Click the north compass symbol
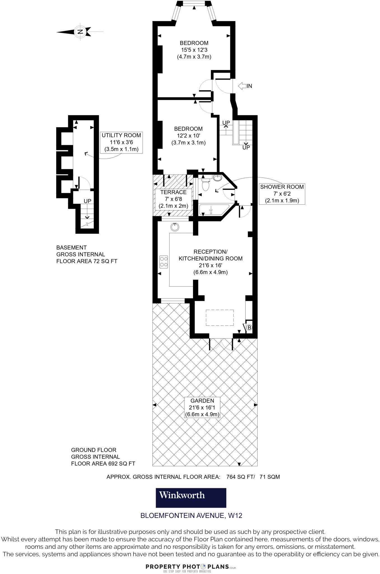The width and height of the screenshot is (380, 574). coord(80,32)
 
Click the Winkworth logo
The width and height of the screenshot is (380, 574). coord(191,498)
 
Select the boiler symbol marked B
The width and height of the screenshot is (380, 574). coord(249,327)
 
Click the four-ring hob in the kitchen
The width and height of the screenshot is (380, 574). coord(164,261)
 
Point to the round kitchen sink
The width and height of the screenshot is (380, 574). coord(175,227)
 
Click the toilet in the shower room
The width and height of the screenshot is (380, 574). coord(206,185)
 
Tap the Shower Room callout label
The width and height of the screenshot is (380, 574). coord(282,194)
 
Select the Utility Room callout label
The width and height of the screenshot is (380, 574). coord(121,142)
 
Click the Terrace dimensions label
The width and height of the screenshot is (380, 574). coord(173,199)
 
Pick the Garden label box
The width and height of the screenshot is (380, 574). coord(202,408)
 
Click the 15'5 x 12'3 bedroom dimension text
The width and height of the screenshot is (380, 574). coord(194,50)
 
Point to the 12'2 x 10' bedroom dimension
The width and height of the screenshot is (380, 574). coord(188,136)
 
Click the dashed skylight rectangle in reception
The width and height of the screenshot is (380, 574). coord(220,318)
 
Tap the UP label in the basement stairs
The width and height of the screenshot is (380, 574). coord(88,201)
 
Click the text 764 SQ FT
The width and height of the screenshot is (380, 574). coord(240,477)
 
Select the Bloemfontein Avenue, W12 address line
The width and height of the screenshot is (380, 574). coord(191,515)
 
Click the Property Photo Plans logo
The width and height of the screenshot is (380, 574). coord(191,567)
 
